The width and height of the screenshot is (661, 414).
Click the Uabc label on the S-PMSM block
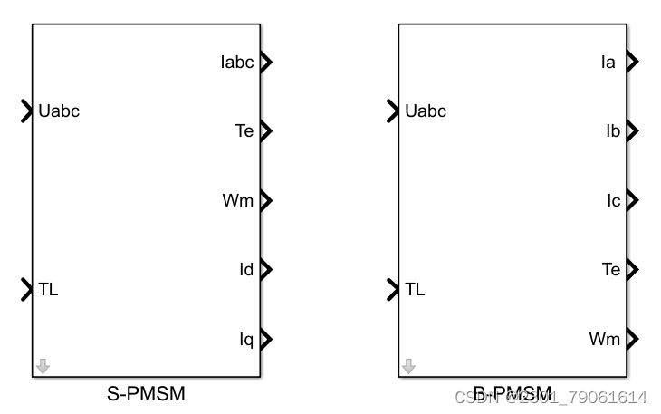pos(60,111)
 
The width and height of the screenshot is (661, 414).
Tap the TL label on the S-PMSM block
pos(49,290)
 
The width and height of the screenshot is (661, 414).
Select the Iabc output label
pos(237,63)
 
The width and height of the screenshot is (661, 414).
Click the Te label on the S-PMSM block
pos(244,131)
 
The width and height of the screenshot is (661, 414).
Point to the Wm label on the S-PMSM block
pos(238,200)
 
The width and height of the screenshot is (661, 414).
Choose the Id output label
pos(246,269)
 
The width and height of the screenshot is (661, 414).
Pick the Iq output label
pos(246,339)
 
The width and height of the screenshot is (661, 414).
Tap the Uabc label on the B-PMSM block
pos(426,111)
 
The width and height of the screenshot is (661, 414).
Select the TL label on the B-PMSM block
pos(416,290)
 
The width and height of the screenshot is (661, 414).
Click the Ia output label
pos(608,63)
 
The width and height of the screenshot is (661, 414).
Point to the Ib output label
pos(612,130)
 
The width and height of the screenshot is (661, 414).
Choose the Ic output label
pos(613,200)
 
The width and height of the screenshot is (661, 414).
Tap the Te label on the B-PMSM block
pos(611,269)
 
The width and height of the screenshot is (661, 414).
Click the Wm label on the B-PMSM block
pos(605,339)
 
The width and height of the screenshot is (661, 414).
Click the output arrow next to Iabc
pos(265,63)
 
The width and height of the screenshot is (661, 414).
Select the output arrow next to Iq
pos(265,339)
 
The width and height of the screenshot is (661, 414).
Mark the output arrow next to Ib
pos(632,130)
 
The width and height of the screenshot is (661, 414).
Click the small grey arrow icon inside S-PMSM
pos(43,367)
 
